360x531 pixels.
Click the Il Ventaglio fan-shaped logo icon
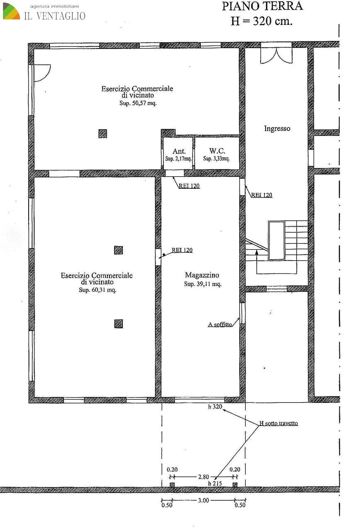(11, 11)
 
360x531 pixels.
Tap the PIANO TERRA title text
(262, 6)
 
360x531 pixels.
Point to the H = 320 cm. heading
(262, 21)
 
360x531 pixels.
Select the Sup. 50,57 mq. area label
(138, 103)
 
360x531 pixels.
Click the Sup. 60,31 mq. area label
(97, 290)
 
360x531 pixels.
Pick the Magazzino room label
(202, 275)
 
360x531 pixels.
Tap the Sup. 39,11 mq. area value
(203, 284)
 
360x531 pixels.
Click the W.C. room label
(217, 151)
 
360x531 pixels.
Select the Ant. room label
(179, 151)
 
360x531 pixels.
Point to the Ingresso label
(277, 129)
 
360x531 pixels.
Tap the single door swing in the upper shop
(42, 73)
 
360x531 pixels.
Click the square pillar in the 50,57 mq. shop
(102, 134)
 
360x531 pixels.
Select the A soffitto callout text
(220, 324)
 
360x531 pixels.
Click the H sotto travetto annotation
(278, 423)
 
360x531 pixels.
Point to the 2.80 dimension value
(204, 477)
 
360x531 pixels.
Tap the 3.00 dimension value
(203, 500)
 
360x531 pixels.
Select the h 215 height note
(215, 483)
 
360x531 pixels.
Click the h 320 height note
(215, 407)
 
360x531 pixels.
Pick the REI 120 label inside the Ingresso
(262, 195)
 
